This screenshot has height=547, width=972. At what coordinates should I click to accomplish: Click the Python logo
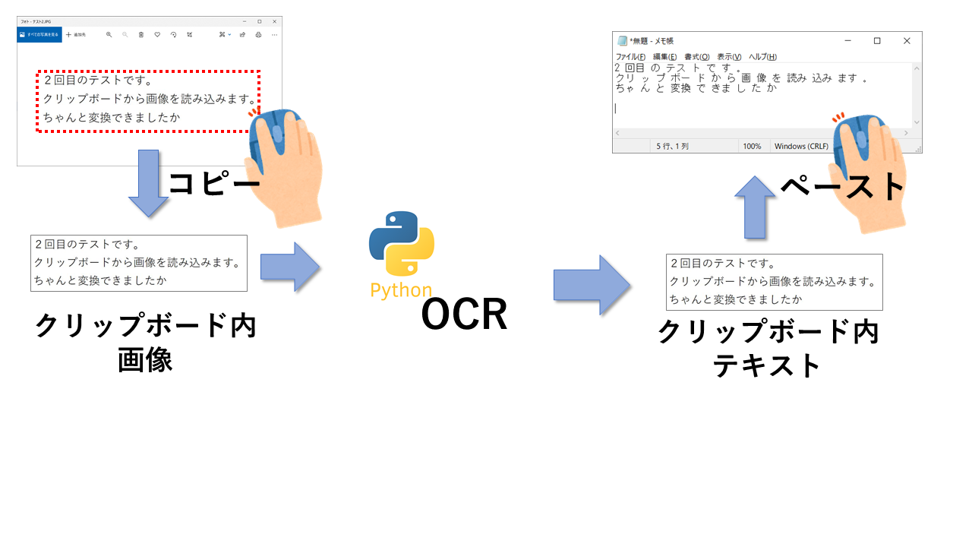(x=401, y=245)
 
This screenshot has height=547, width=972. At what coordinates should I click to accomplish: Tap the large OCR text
(x=464, y=315)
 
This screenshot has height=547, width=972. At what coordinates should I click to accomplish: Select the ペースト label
(x=843, y=187)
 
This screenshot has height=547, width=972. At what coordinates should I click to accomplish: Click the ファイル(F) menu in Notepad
(x=630, y=57)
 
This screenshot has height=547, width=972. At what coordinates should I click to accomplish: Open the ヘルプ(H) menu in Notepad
(x=762, y=57)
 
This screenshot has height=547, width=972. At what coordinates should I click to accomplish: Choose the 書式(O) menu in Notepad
(x=696, y=57)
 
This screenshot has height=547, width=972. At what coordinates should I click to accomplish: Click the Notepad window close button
(x=907, y=41)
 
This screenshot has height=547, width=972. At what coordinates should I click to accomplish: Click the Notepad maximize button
(x=877, y=41)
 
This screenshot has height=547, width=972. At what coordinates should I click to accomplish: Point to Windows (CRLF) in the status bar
(x=801, y=146)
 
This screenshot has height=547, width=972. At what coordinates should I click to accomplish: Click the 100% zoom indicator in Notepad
(x=752, y=146)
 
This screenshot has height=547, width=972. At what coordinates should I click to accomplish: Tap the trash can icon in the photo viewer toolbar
(x=141, y=35)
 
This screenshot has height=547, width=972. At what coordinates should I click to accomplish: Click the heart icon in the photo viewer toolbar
(x=157, y=35)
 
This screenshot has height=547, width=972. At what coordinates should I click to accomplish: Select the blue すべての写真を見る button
(x=39, y=35)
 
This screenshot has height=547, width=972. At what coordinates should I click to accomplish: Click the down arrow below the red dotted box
(x=148, y=183)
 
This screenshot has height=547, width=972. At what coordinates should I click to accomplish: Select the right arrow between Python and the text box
(x=592, y=285)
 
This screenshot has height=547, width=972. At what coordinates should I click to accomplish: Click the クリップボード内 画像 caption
(x=146, y=343)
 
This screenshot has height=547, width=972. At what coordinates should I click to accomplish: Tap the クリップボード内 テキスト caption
(x=768, y=348)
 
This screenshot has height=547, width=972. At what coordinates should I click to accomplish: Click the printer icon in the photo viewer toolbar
(x=258, y=35)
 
